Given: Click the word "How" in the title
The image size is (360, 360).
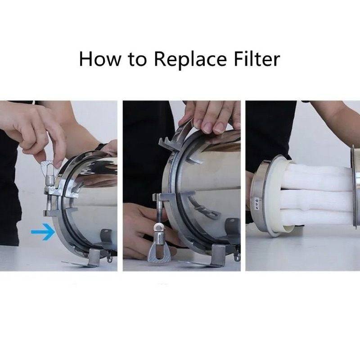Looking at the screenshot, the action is click(x=100, y=59).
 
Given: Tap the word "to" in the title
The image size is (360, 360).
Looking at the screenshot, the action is click(x=137, y=59).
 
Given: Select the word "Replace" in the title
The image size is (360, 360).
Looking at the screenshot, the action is click(x=190, y=60).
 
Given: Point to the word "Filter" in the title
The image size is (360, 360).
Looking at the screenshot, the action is click(x=257, y=59).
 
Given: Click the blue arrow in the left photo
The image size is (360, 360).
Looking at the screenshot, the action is click(x=43, y=232).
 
